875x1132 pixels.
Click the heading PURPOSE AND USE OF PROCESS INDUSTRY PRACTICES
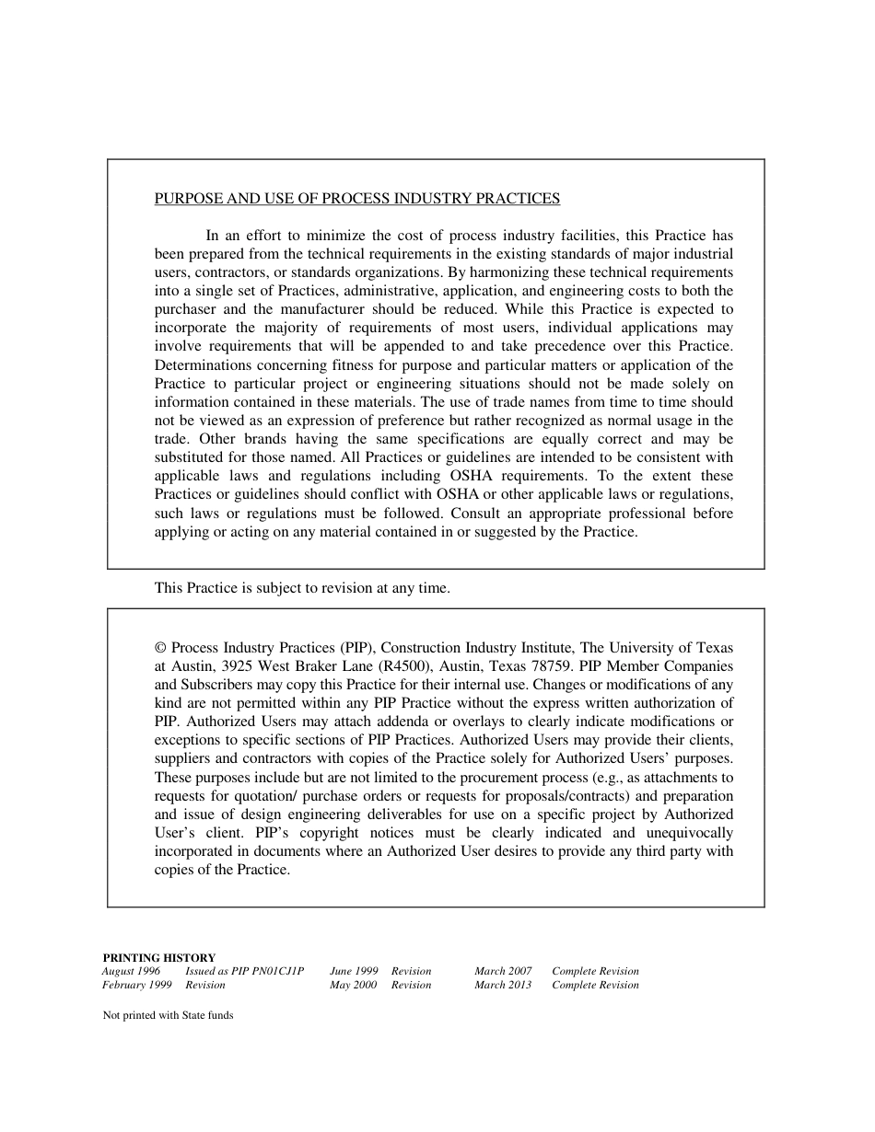click(x=356, y=199)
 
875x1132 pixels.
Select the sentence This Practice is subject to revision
click(x=302, y=588)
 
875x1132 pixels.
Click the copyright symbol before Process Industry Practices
click(x=160, y=648)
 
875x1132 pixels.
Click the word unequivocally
click(x=688, y=833)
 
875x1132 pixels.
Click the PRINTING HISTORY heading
click(x=158, y=957)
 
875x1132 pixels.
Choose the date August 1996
click(x=131, y=971)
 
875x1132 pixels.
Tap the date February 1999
click(x=137, y=985)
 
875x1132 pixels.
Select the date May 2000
click(x=353, y=985)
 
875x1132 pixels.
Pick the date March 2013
click(x=503, y=985)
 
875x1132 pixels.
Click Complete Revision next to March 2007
click(x=595, y=971)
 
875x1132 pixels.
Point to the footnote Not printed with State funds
click(x=168, y=1016)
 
